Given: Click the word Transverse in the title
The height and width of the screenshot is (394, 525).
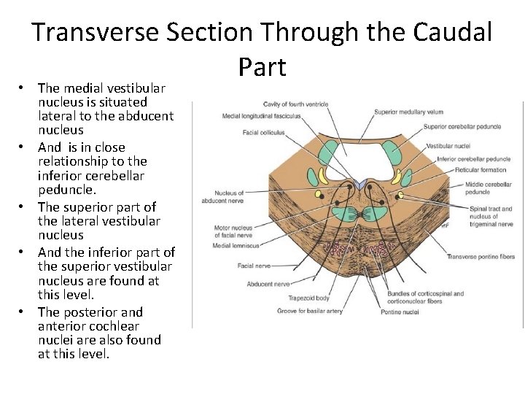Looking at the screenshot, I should tap(96, 33).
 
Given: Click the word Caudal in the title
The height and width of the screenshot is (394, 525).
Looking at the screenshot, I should tap(453, 33).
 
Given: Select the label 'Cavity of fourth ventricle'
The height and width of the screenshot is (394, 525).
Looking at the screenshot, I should tap(295, 104).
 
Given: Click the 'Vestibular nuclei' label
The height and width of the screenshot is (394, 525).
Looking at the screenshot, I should tap(448, 147).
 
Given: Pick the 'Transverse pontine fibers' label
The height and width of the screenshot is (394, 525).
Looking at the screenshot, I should tap(481, 257).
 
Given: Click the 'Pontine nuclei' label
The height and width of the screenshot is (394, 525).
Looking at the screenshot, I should tap(399, 312).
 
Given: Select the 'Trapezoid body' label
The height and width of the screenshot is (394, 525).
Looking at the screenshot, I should tap(308, 298).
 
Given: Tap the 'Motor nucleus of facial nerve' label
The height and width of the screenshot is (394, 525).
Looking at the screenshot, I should tap(233, 232).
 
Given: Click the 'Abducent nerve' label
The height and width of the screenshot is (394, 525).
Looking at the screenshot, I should tap(270, 284).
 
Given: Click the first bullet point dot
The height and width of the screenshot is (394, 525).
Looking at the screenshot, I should tap(23, 88).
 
